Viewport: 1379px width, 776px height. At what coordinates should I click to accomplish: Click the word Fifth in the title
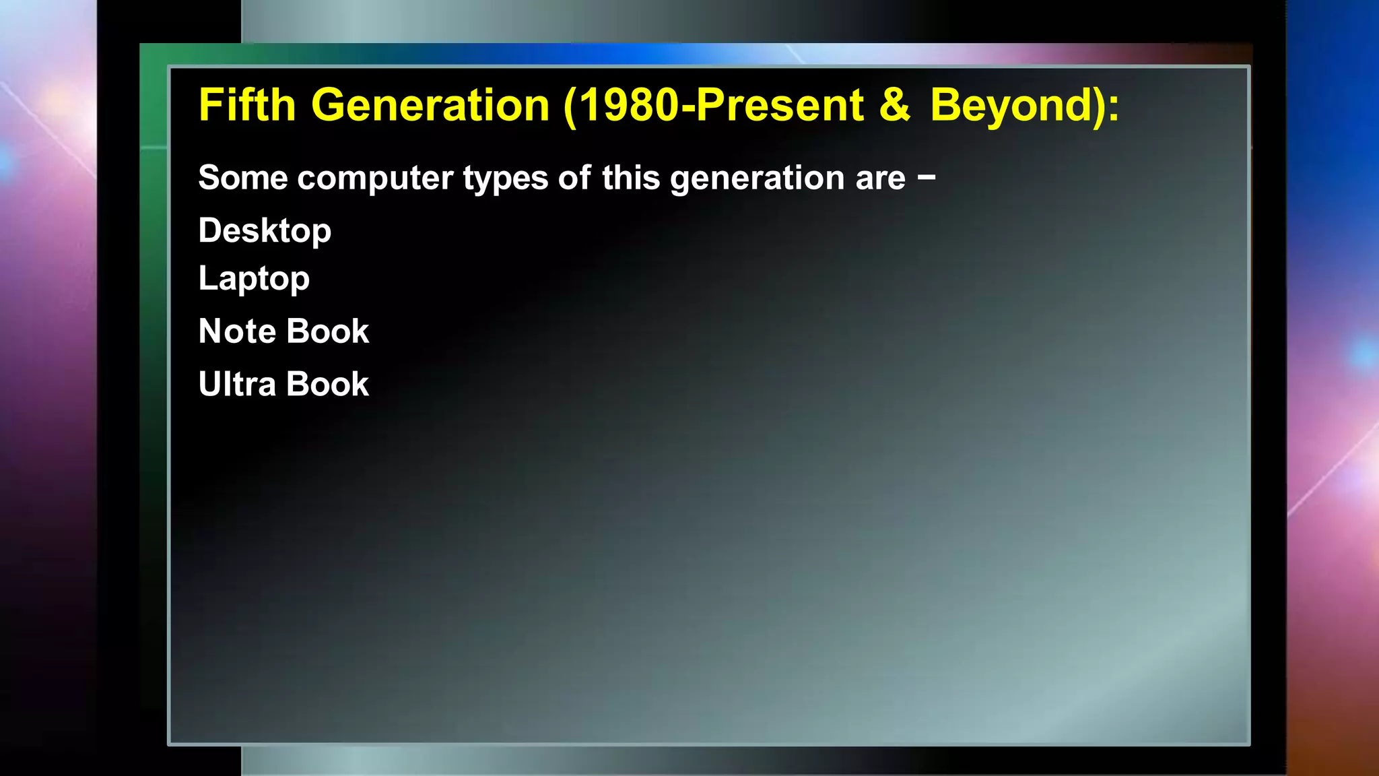246,105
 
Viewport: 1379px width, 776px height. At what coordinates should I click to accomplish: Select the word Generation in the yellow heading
430,105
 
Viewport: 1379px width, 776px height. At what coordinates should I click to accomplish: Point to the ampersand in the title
895,105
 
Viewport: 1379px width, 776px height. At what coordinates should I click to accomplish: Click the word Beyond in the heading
1011,105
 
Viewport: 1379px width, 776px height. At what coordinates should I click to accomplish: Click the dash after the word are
927,177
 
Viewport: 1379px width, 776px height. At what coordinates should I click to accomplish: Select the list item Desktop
265,231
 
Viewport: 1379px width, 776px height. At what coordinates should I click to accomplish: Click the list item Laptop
254,279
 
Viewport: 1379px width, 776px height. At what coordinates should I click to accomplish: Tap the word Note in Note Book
237,331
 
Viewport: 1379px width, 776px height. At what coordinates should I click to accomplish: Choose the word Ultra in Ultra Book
237,385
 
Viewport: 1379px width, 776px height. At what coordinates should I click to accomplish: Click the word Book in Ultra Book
327,385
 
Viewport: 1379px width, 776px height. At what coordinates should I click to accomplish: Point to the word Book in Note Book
327,331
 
